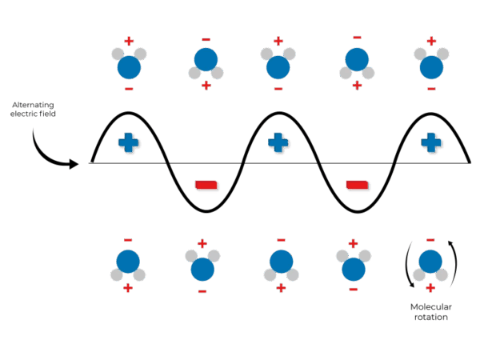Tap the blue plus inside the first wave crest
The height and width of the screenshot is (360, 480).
pyautogui.click(x=128, y=143)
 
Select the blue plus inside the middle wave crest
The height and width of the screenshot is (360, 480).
pyautogui.click(x=278, y=143)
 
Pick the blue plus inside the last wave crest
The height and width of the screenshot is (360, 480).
pyautogui.click(x=431, y=143)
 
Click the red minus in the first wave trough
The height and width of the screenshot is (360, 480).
pyautogui.click(x=206, y=186)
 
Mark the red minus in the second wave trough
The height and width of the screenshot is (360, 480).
pyautogui.click(x=358, y=186)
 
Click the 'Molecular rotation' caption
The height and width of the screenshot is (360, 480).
pyautogui.click(x=430, y=312)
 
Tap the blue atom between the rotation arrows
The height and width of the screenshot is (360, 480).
pyautogui.click(x=430, y=262)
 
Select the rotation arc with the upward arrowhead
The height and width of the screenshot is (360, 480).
pyautogui.click(x=456, y=260)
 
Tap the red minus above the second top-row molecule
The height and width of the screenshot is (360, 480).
pyautogui.click(x=206, y=38)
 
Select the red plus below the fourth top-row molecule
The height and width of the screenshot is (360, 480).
pyautogui.click(x=357, y=86)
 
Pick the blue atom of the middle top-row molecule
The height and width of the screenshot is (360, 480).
pyautogui.click(x=278, y=67)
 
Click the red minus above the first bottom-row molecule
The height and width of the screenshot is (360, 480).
pyautogui.click(x=128, y=239)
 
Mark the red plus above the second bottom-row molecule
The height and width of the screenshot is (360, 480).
pyautogui.click(x=202, y=243)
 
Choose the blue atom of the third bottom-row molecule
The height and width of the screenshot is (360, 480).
pyautogui.click(x=280, y=262)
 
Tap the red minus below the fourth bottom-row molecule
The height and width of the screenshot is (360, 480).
pyautogui.click(x=354, y=289)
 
